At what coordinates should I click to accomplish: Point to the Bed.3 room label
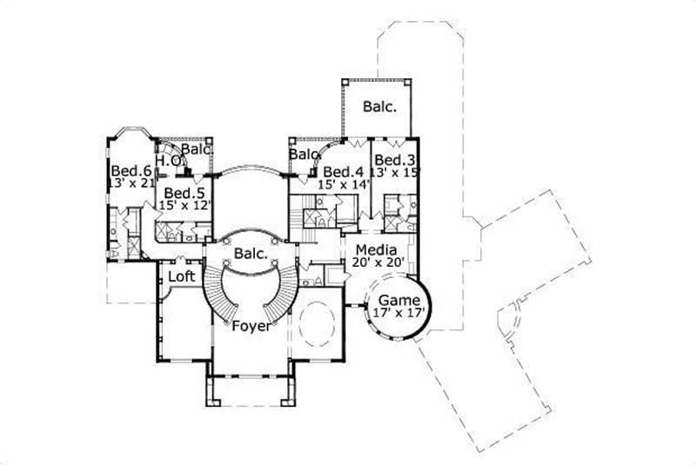tap(394, 161)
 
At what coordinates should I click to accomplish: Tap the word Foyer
tap(250, 328)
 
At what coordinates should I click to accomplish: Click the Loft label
tap(181, 276)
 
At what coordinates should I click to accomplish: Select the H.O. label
tap(169, 161)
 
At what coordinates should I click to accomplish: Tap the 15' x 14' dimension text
tap(342, 185)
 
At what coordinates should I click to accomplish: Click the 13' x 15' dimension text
tap(395, 173)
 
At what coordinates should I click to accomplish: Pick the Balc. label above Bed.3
tap(379, 108)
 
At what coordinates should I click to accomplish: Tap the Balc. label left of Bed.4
tap(304, 155)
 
